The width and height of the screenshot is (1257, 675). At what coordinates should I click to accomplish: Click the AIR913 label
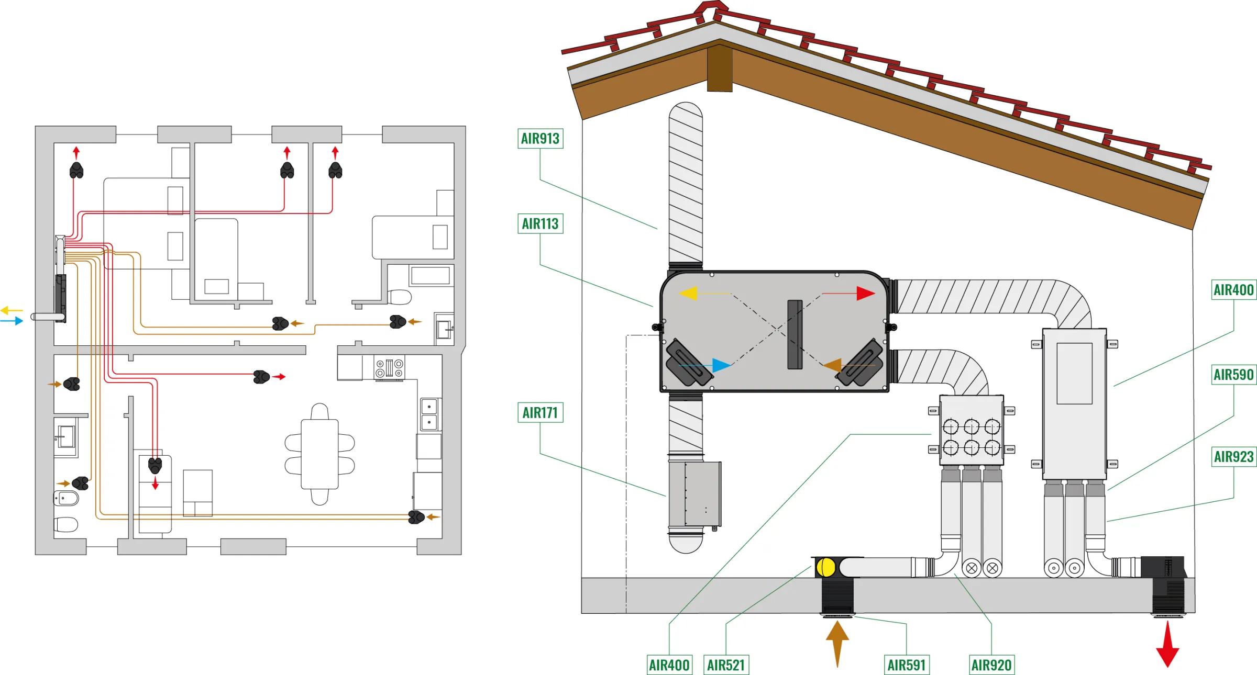point(541,139)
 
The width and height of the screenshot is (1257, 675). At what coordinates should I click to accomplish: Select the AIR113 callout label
point(541,223)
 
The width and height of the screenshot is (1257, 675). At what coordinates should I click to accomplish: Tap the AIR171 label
point(541,412)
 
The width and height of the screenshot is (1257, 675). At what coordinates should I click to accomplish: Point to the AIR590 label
point(1234,375)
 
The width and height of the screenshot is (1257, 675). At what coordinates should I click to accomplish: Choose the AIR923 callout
point(1234,457)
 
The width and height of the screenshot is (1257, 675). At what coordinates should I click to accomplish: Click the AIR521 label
point(726,665)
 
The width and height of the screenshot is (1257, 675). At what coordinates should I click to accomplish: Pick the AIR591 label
point(907,665)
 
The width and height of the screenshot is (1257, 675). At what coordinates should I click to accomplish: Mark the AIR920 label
point(991,665)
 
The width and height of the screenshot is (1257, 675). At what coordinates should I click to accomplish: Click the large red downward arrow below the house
point(1167,644)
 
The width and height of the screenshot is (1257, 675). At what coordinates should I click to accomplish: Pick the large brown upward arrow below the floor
point(837,644)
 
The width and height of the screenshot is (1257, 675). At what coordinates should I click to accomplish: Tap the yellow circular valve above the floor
point(826,567)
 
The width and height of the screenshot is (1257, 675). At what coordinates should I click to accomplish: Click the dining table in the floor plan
point(319,454)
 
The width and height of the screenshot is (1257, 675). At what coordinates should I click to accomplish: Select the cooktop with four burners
point(389,368)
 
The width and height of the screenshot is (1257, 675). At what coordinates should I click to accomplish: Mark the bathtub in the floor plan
point(431,275)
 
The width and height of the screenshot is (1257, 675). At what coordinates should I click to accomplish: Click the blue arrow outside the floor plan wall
point(12,321)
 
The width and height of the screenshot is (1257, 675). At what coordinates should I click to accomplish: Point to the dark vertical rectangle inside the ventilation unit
point(795,334)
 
